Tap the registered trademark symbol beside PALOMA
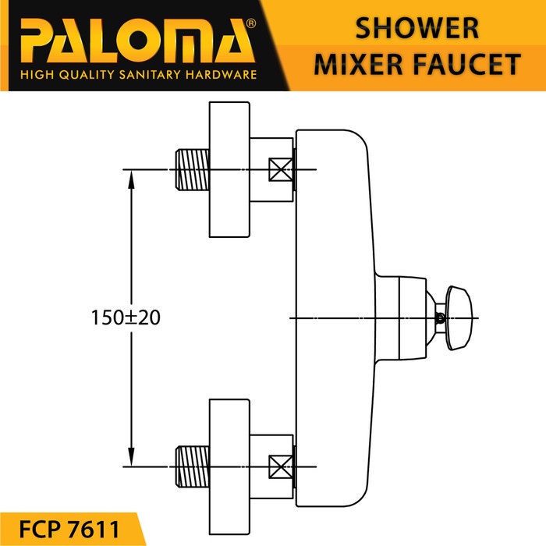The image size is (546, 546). click(x=250, y=23)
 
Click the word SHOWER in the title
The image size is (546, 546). click(x=417, y=28)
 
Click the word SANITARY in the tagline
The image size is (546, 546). click(x=150, y=74)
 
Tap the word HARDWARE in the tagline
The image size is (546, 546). click(x=221, y=74)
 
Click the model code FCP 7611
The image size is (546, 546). click(x=69, y=529)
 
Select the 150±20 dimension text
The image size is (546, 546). click(x=126, y=317)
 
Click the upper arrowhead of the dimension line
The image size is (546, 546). click(x=131, y=179)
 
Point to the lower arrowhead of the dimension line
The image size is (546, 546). click(x=131, y=457)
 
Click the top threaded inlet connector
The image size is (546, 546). click(x=192, y=169)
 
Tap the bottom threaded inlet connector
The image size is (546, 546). click(x=192, y=466)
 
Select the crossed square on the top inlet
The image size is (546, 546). click(x=281, y=169)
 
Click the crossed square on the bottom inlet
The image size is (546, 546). click(x=281, y=466)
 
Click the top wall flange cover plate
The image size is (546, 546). click(x=229, y=169)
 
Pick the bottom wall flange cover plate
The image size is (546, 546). click(x=229, y=467)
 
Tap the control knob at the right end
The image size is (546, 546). click(x=459, y=318)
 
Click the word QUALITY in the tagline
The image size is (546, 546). click(x=87, y=75)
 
